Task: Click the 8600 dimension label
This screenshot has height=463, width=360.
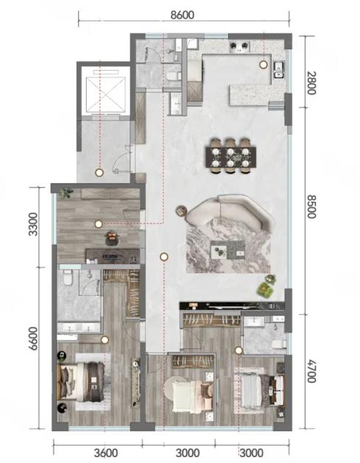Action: click(x=183, y=15)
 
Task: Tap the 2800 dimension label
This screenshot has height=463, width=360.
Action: click(x=311, y=82)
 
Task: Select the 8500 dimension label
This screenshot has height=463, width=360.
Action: click(x=311, y=206)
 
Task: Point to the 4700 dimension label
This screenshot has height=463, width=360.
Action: click(x=311, y=371)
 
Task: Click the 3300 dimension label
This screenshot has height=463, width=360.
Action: click(x=33, y=225)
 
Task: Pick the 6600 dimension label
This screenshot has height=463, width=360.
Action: click(x=33, y=339)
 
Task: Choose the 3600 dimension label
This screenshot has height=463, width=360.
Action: click(x=106, y=453)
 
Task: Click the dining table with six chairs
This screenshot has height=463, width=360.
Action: click(x=231, y=156)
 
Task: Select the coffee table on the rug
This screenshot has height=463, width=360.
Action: click(x=227, y=250)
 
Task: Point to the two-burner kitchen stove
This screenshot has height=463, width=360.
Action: click(x=239, y=46)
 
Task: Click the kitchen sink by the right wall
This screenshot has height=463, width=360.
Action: click(x=278, y=70)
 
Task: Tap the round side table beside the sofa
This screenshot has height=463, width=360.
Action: click(x=181, y=211)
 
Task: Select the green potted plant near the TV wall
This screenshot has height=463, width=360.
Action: click(x=266, y=286)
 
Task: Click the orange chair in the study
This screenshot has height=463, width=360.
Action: click(x=112, y=238)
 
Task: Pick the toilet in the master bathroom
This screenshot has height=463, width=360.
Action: click(x=68, y=278)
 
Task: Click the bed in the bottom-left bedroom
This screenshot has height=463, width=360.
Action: click(x=82, y=382)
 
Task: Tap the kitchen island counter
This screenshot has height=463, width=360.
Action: click(x=250, y=95)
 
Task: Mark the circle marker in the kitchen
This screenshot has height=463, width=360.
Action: click(x=263, y=64)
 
